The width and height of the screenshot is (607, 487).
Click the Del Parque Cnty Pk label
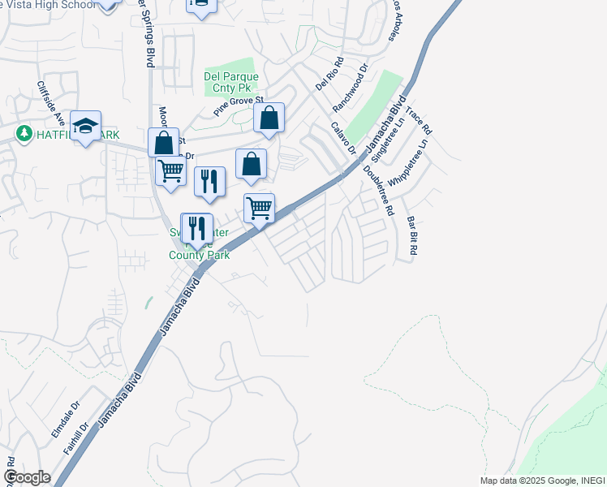click(x=230, y=83)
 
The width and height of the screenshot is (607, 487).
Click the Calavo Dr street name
click(x=343, y=138)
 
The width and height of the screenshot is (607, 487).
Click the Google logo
click(x=27, y=477)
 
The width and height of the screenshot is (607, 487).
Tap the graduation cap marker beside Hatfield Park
click(x=85, y=127)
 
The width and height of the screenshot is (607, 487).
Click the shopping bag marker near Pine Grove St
click(x=269, y=119)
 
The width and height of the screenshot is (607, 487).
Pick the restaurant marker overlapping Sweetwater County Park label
click(x=196, y=230)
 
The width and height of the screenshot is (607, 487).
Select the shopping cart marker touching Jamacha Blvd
click(x=259, y=209)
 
